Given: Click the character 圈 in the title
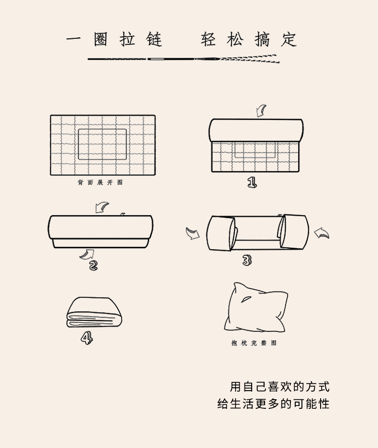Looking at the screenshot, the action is pos(100,39).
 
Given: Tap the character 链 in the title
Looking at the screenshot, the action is pos(155,39).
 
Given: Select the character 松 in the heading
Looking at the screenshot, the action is pos(235,39).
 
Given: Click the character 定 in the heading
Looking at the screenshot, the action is pos(289,39).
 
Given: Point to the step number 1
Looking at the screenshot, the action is pos(252,182).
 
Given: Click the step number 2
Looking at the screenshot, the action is pos(93,266).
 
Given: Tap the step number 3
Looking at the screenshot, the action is pos(247,260).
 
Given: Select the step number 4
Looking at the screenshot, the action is pos(87,339).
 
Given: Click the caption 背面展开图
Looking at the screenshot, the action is pos(100,183).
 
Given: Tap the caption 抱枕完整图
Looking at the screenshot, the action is pos(254,343).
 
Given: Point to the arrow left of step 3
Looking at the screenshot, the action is pos(193,233).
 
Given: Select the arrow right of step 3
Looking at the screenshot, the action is pos(322,233).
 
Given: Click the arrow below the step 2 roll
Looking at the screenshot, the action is pos(88,254).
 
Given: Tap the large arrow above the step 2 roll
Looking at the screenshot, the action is pos(101,208).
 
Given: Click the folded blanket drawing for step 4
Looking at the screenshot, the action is pos(94,312).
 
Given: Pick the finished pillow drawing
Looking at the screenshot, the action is pos(256,307).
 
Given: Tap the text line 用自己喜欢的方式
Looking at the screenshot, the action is pos(279,387).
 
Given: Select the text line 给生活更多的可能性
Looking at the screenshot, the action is pos(273,404).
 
